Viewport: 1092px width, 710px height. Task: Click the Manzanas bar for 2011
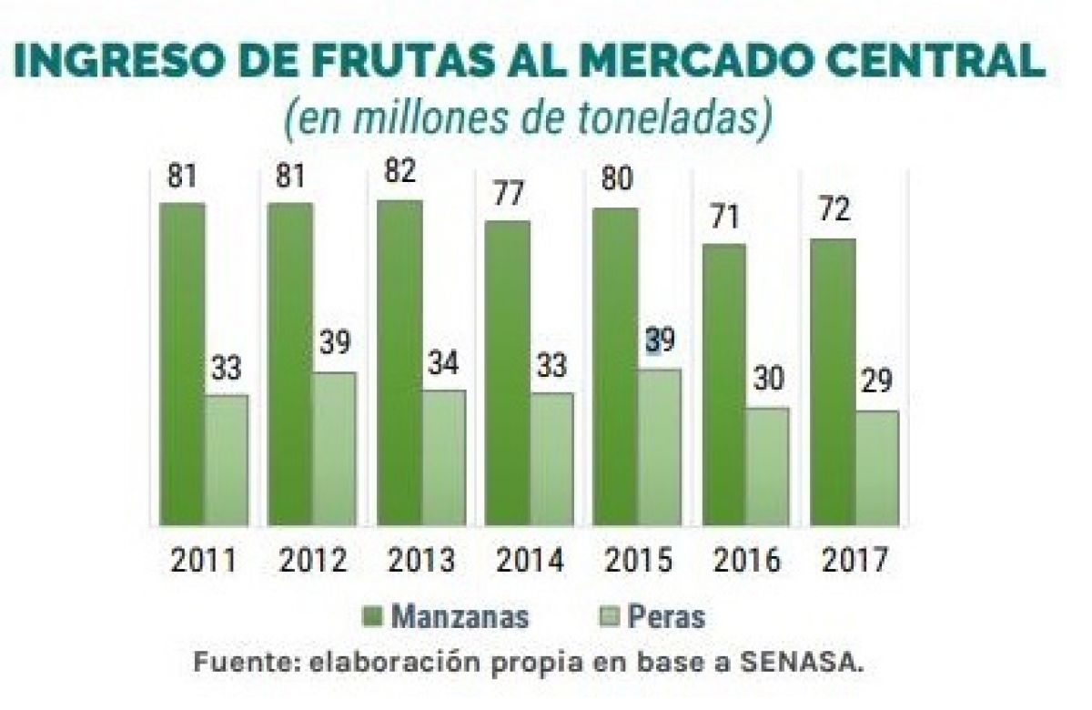tap(182, 364)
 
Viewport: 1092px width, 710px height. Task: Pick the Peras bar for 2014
tap(551, 459)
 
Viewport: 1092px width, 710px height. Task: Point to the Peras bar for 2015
tap(660, 447)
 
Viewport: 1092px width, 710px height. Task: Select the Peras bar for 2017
tap(877, 468)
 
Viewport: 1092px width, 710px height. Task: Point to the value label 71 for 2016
tap(724, 218)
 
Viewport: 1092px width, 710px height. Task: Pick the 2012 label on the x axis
tap(312, 560)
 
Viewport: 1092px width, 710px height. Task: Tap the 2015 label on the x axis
tap(637, 560)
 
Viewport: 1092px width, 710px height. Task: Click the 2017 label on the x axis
tap(854, 560)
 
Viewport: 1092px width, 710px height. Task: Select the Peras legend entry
tap(654, 616)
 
